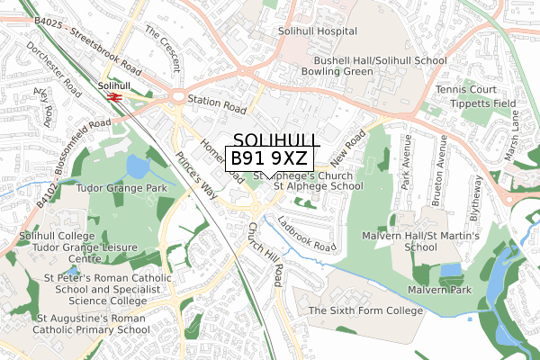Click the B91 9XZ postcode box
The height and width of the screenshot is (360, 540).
tap(269, 158)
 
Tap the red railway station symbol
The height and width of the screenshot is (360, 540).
tap(114, 95)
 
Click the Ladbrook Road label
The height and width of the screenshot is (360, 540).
tap(306, 233)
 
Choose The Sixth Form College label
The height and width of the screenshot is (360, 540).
tap(364, 310)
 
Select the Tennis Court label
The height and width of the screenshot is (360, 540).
tap(465, 90)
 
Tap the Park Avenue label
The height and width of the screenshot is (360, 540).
tap(406, 167)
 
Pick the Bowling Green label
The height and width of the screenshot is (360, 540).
tap(337, 71)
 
